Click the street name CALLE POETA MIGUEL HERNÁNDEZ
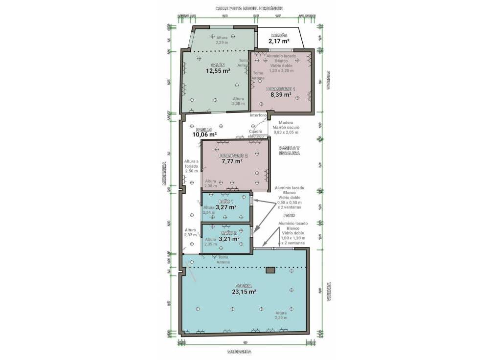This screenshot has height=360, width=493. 249,8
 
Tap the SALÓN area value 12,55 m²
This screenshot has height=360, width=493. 218,71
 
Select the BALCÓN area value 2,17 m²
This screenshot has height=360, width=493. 279,41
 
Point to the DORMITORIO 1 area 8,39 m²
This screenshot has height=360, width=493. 281,95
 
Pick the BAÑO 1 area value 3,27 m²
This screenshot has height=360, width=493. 226,207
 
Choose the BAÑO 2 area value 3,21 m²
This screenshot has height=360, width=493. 229,239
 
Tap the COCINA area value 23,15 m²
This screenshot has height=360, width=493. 244,292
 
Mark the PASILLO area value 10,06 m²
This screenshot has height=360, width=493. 204,135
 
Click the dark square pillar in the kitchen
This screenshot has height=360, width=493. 270,270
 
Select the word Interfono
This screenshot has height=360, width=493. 258,115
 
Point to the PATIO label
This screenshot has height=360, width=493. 289,215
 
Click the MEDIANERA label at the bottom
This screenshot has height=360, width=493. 239,352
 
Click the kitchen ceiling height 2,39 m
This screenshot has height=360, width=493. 281,318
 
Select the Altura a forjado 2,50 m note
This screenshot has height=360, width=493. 191,166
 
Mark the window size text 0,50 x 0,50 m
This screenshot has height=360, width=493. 290,202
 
